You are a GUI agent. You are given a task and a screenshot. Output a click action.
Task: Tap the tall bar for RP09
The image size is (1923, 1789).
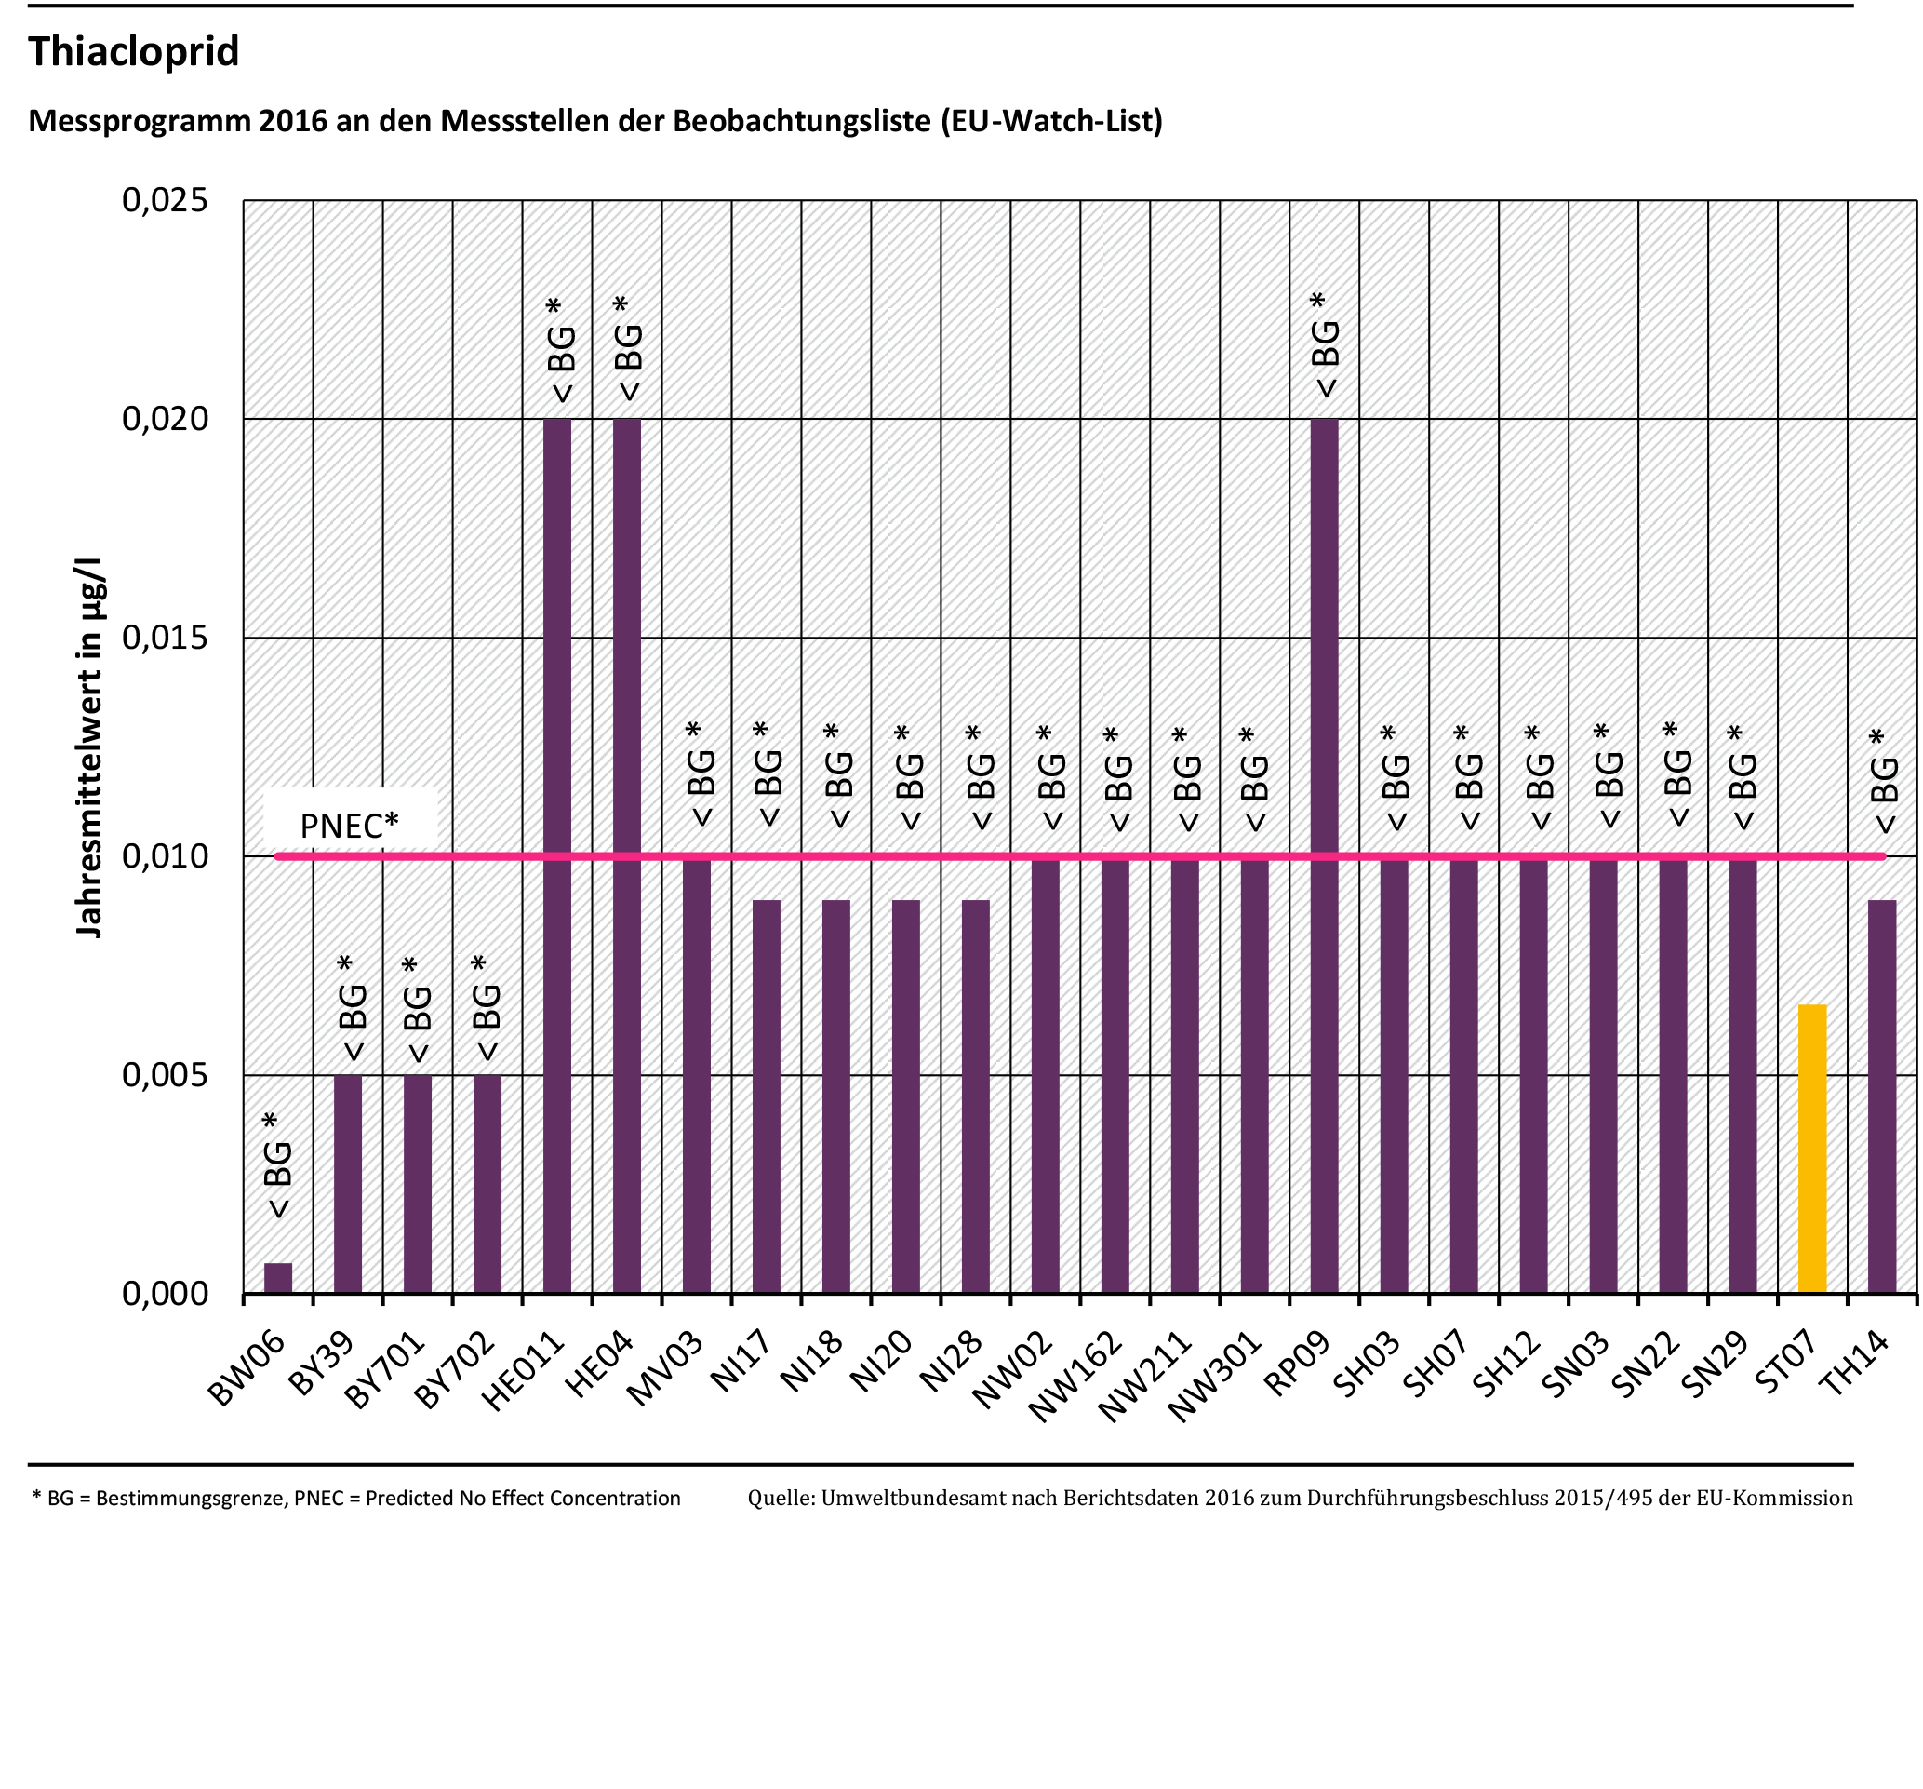point(1324,855)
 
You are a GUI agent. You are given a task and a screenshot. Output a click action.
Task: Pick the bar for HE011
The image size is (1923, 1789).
point(557,855)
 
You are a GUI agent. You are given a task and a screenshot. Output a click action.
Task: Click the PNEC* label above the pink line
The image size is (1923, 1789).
point(349,826)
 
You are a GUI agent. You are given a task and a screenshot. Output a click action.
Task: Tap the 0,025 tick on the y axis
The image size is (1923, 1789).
point(166,200)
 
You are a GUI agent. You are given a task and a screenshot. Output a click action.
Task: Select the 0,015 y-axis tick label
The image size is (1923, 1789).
point(166,638)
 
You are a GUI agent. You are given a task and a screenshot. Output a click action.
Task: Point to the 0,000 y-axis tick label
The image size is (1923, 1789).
point(166,1294)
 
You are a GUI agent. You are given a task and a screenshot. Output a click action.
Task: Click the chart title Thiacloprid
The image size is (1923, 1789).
point(133,50)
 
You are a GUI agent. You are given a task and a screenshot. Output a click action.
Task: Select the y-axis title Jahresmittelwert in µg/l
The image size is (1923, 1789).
point(89,747)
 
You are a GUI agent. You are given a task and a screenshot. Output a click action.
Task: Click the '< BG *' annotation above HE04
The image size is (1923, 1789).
point(627,348)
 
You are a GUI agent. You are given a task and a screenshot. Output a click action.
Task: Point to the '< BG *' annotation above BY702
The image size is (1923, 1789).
point(486,1008)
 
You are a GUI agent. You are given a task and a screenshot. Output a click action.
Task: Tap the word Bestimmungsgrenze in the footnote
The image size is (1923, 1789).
point(190,1498)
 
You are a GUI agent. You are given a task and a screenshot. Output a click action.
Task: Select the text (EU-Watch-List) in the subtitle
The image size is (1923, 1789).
point(1051,121)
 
